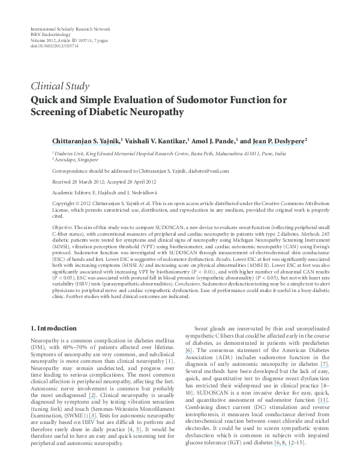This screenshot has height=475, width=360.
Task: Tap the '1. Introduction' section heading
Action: tap(53, 329)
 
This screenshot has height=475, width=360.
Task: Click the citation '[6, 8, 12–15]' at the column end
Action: tap(290, 425)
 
